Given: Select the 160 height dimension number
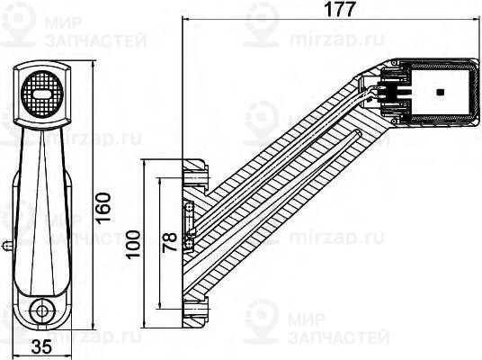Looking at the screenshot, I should [x=103, y=208].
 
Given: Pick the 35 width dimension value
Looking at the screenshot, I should [x=40, y=346].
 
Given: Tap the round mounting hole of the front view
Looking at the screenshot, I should [x=40, y=310].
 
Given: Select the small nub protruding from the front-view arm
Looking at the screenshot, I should [x=7, y=243].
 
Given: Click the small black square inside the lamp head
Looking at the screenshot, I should [x=439, y=92].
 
